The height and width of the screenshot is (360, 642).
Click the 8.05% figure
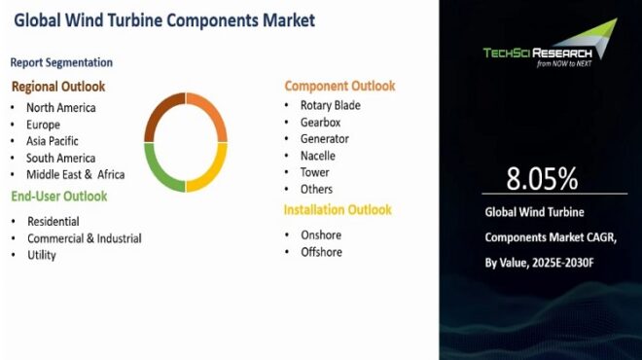[x=542, y=178]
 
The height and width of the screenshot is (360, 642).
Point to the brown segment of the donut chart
[x=162, y=115]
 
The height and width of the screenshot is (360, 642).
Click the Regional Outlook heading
[x=57, y=87]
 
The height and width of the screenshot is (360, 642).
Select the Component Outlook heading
[x=339, y=86]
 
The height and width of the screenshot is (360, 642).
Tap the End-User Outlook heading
[x=58, y=197]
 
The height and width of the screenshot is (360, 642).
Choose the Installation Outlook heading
[x=338, y=209]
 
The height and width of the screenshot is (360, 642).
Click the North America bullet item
[x=60, y=108]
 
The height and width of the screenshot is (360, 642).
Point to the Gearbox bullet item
[x=322, y=123]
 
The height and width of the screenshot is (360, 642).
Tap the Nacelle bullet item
[x=319, y=156]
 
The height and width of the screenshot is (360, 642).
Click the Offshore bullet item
[x=321, y=252]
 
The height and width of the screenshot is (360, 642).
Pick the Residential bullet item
[x=53, y=222]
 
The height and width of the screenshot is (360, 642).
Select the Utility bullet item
[x=42, y=255]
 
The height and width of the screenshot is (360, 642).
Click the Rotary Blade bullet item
[x=331, y=105]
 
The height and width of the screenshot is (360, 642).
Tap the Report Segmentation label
[x=61, y=62]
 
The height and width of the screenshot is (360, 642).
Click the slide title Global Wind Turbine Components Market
[x=164, y=19]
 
